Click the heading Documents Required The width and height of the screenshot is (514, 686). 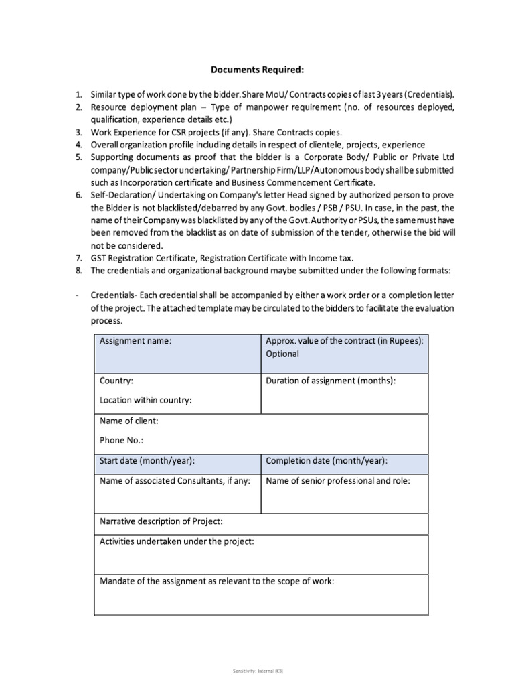(256, 68)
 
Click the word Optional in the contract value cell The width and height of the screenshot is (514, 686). (282, 354)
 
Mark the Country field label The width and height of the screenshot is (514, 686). (116, 381)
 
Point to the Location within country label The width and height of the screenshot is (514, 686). (146, 400)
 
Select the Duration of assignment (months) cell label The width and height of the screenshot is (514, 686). (331, 381)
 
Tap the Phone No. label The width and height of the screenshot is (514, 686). (121, 440)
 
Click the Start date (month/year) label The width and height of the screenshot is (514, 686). (147, 460)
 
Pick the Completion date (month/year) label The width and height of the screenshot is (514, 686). (327, 460)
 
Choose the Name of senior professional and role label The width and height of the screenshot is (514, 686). (338, 480)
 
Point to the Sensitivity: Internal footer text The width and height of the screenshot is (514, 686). (256, 669)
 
